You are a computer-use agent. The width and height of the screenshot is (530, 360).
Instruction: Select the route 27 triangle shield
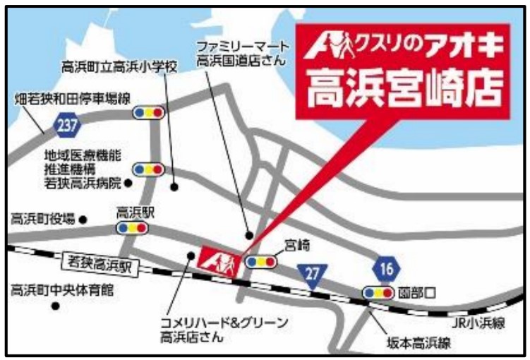(x=311, y=272)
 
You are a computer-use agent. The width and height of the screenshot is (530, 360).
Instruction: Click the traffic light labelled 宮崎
(x=262, y=261)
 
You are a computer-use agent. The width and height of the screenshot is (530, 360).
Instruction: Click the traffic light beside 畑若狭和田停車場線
(x=148, y=112)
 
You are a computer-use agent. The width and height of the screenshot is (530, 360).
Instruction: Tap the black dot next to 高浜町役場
(x=82, y=220)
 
